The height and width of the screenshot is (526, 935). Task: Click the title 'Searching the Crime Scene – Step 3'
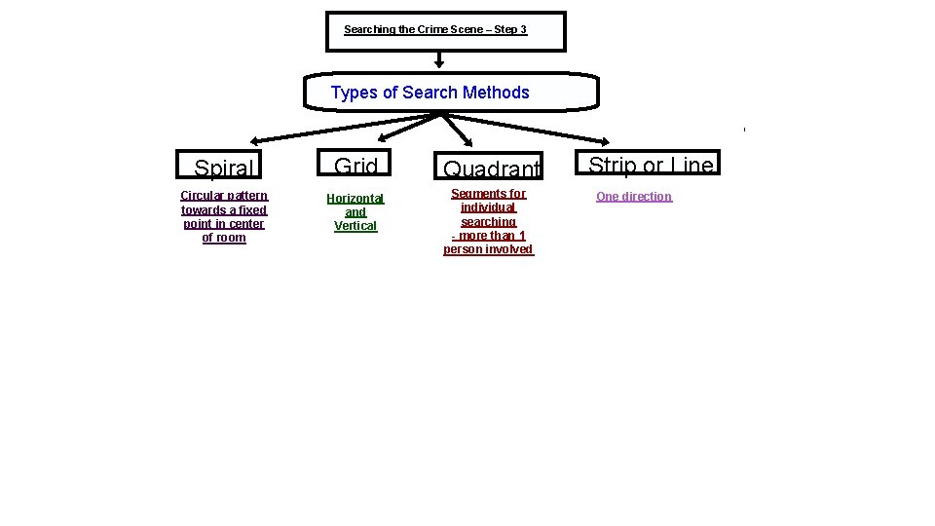click(435, 30)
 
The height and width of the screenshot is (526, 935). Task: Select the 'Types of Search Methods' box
click(450, 93)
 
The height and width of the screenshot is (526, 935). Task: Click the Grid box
click(355, 166)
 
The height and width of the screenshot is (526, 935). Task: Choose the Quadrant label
click(491, 169)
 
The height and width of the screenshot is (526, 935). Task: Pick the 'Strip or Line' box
click(651, 165)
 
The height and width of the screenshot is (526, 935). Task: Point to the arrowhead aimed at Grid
click(383, 137)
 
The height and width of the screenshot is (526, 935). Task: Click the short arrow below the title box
click(439, 61)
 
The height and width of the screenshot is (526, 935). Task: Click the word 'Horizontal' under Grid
click(355, 199)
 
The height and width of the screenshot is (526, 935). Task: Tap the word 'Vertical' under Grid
click(355, 226)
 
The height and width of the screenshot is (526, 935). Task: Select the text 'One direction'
click(634, 197)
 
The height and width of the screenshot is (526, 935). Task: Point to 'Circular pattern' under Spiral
click(224, 196)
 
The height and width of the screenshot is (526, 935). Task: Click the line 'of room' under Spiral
click(224, 238)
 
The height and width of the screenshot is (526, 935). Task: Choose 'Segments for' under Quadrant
click(488, 194)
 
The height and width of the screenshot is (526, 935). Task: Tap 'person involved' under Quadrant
click(488, 249)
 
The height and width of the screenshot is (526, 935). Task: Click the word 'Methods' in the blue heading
click(496, 93)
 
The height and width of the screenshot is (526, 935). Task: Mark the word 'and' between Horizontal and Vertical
click(355, 212)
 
